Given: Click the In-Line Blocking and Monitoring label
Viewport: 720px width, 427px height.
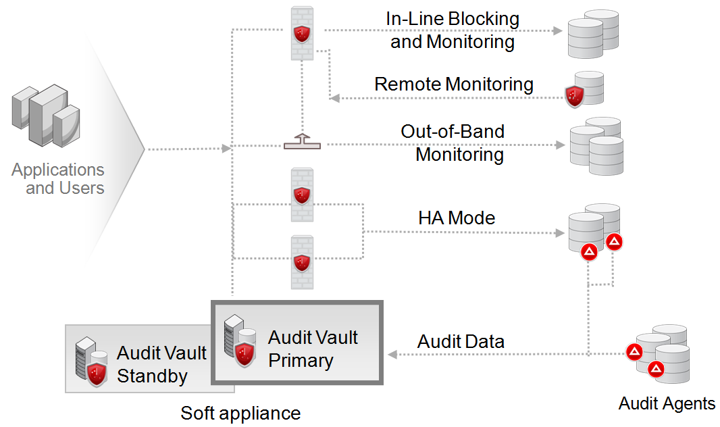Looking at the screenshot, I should pos(453,30).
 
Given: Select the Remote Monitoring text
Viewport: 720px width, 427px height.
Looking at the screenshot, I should pos(454,84).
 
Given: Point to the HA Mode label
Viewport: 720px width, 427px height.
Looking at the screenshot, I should pos(457,218).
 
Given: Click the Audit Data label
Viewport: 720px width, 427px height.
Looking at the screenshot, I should pos(461,341).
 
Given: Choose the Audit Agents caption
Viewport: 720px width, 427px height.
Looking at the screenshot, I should pos(667,404).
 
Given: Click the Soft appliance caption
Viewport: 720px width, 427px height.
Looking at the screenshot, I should pos(240,413).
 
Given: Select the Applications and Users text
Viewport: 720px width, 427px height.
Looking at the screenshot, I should pos(59,178).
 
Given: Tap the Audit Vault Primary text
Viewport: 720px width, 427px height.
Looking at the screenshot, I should pos(313,349).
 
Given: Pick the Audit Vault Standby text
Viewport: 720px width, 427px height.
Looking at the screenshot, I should pos(161,364).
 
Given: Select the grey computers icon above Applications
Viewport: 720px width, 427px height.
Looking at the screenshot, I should pos(45,115).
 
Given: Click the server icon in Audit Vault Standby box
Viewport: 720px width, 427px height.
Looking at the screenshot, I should pos(92,361).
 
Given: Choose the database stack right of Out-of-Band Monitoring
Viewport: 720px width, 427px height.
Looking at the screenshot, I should pos(595,145).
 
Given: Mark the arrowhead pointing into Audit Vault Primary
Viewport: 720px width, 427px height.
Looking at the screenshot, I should pos(392,354).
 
